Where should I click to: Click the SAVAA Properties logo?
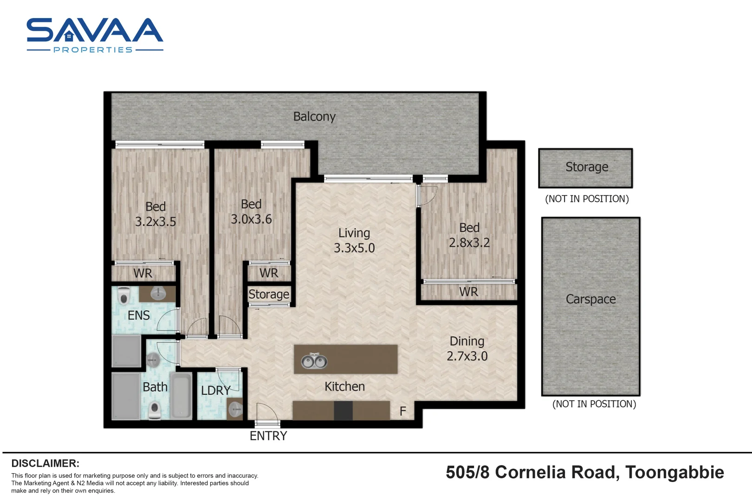pos(95,35)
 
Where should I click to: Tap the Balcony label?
pos(314,116)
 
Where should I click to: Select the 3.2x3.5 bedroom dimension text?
pos(156,221)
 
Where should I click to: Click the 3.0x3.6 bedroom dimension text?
pos(251,219)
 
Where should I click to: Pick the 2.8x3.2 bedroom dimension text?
pos(469,242)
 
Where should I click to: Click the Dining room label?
pos(467,341)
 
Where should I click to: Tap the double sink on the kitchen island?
pos(314,361)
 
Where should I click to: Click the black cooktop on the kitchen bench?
pos(343,411)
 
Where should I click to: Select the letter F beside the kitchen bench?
pos(403,411)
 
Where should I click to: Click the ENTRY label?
pos(268,436)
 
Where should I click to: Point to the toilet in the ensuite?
pos(124,295)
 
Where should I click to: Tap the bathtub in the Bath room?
pos(181,395)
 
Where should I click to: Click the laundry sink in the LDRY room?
pos(235,409)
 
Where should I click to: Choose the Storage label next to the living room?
pos(269,294)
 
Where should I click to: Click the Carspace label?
pos(590,299)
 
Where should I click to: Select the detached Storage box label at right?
pos(587,167)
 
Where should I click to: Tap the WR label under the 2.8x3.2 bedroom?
pos(468,292)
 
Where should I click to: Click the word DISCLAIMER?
pos(45,463)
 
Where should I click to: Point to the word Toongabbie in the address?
pos(674,473)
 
